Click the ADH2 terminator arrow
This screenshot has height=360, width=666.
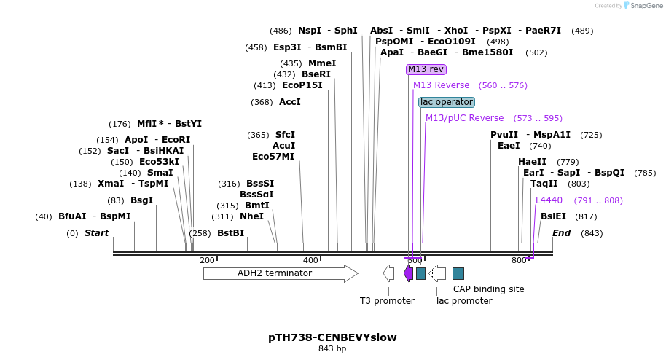tap(281, 273)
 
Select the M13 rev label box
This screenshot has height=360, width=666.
tap(426, 69)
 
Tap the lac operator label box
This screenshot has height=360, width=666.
tap(447, 102)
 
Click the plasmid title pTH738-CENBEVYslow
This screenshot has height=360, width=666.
tap(332, 338)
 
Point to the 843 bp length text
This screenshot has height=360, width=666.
tap(332, 349)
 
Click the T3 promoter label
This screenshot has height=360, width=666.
tap(387, 300)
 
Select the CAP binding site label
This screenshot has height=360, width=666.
tap(488, 289)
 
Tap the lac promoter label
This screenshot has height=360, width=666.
tap(464, 300)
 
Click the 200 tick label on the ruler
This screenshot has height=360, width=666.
tap(207, 260)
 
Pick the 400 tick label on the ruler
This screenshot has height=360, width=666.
tap(310, 260)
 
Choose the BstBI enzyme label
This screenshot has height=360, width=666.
tap(230, 233)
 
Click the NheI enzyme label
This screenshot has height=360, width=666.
tap(251, 216)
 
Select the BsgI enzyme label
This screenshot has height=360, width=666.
tap(141, 200)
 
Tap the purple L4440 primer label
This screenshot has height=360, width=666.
tap(549, 200)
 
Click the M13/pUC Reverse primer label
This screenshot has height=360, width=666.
tap(464, 118)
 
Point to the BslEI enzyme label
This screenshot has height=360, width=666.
tap(553, 216)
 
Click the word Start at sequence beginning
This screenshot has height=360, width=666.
tap(96, 233)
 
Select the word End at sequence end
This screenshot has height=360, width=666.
tap(561, 233)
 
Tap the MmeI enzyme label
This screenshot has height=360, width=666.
tap(322, 63)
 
